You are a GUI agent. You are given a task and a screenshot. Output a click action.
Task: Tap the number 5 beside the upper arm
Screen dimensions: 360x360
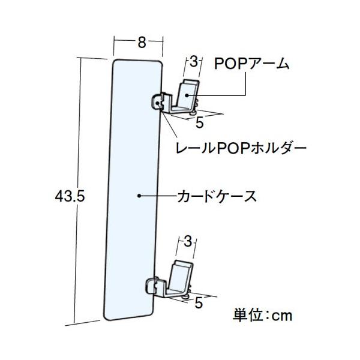199,122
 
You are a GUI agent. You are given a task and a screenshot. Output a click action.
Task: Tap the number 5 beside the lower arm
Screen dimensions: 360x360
197,304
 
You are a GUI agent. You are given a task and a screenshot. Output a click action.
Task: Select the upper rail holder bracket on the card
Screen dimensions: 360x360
158,103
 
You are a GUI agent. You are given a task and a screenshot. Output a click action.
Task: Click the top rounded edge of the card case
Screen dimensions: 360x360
138,60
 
